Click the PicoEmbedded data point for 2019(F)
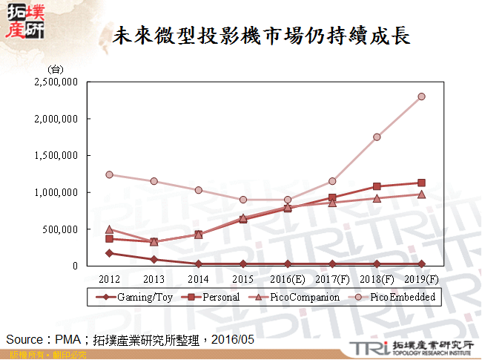(421, 96)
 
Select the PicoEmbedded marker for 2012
(109, 174)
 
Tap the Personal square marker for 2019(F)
(421, 183)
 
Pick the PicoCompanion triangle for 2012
(109, 229)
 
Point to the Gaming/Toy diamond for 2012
(109, 253)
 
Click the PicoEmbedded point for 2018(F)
(377, 137)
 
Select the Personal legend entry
(208, 297)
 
